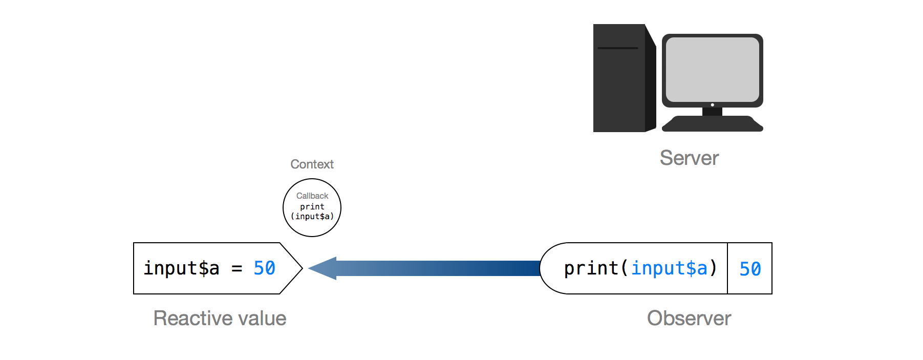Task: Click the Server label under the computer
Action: pos(689,158)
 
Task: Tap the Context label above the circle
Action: pos(312,164)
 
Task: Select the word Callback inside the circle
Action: pos(312,196)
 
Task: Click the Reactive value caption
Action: pos(220,319)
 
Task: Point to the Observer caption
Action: pos(689,319)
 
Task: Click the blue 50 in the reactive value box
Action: pos(265,268)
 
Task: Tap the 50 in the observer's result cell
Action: pos(750,269)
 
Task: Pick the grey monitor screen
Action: pos(712,69)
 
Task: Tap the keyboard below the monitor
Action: pos(712,124)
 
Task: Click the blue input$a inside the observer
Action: pos(669,268)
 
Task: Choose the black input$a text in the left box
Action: pos(181,268)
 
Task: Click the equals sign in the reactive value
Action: pos(237,268)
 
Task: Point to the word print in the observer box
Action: pos(591,268)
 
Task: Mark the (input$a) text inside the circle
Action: pos(312,217)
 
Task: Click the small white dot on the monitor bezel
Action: pos(712,105)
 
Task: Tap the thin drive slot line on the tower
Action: pos(618,48)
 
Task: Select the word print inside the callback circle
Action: pos(312,206)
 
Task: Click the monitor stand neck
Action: pos(712,112)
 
